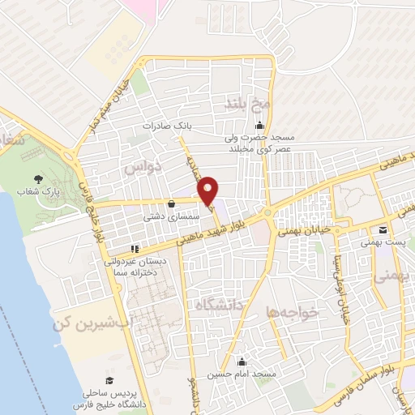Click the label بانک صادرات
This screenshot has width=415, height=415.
point(165,126)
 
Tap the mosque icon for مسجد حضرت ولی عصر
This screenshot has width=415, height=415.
point(259,125)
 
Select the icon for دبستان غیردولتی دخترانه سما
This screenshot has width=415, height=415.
point(135,249)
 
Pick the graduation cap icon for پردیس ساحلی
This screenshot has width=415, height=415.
point(108,380)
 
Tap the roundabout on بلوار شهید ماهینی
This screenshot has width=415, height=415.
point(267,213)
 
